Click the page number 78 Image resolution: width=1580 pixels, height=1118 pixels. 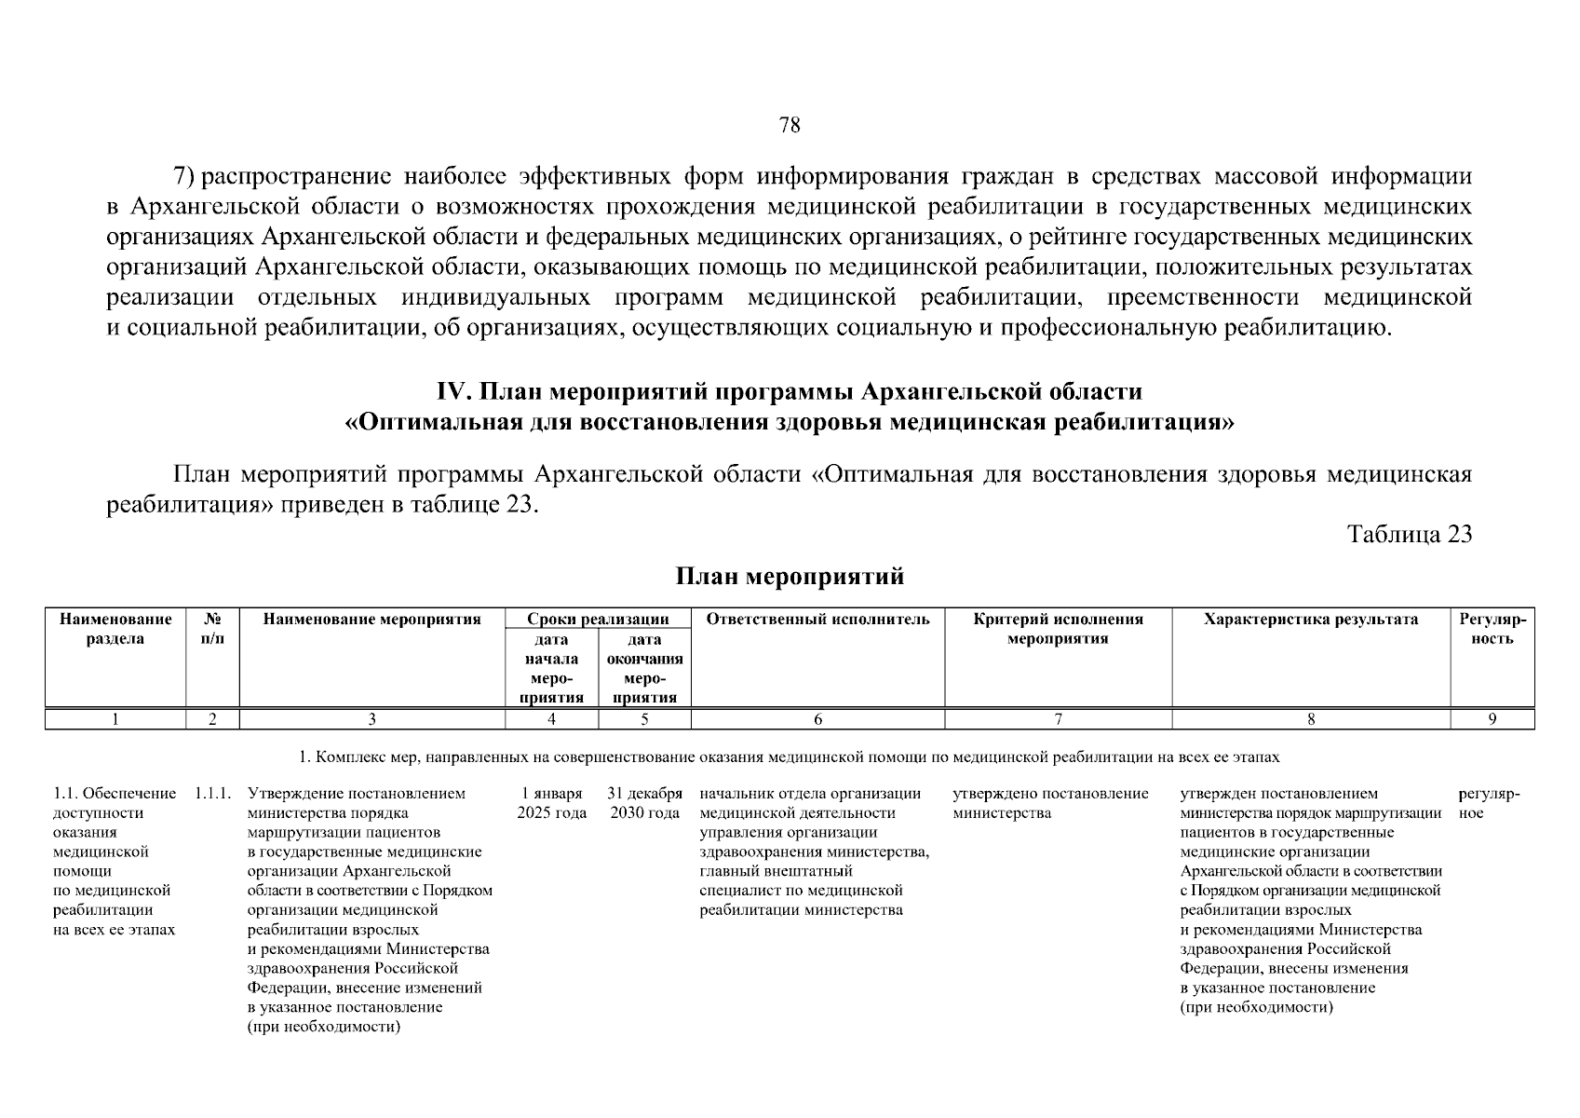(x=789, y=126)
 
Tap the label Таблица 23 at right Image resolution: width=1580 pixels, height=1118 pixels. (x=1410, y=534)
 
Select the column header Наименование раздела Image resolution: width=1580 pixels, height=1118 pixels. (x=115, y=629)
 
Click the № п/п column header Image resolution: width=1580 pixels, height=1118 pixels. (x=212, y=629)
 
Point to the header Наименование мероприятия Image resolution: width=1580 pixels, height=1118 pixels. (x=371, y=620)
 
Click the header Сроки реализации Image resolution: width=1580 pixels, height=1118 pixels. (x=598, y=620)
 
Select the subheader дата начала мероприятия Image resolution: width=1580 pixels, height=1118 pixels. (x=551, y=668)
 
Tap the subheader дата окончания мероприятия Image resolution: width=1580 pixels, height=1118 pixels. (x=644, y=668)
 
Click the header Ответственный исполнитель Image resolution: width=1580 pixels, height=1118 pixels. (x=817, y=620)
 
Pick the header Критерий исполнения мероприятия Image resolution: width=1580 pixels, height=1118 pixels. (x=1058, y=629)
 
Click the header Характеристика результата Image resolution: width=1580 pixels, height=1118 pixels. (x=1310, y=620)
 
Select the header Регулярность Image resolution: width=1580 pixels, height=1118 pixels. (x=1492, y=629)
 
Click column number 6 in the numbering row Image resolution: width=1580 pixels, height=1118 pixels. (x=817, y=719)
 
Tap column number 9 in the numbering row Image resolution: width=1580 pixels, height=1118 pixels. (x=1492, y=719)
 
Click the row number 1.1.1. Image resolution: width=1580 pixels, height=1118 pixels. (x=213, y=794)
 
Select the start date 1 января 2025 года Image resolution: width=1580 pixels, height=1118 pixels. (x=551, y=803)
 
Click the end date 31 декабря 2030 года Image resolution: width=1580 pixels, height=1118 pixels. (x=644, y=803)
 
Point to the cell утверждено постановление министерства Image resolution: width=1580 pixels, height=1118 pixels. (x=1050, y=803)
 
